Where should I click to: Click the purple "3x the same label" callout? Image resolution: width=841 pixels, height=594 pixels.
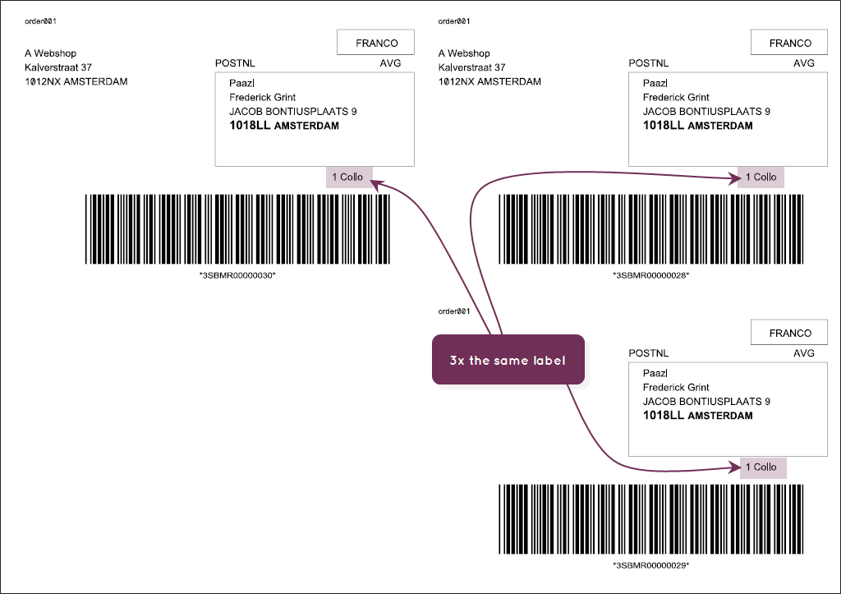pos(508,360)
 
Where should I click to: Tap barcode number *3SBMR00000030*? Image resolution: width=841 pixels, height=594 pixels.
pos(237,275)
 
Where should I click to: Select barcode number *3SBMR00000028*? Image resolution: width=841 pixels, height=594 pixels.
pos(650,275)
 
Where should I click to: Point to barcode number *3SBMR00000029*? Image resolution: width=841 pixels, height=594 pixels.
pos(650,565)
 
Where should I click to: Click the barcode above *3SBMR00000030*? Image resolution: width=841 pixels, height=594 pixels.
pos(237,229)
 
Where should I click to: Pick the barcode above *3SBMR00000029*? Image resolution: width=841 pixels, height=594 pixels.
pos(651,519)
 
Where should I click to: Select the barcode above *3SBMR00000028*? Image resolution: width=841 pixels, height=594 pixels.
pos(651,229)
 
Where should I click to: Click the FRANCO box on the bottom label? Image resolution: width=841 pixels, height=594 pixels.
pos(789,332)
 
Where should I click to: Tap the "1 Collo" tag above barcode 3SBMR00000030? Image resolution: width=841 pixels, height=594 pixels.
pos(348,177)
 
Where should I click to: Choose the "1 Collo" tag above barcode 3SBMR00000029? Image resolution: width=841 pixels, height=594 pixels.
pos(763,467)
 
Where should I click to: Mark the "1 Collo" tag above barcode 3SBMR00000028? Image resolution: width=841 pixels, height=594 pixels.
pos(761,177)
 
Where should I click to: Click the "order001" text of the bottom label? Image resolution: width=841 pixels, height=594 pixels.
pos(453,311)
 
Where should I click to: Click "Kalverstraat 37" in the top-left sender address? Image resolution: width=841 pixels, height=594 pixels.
pos(58,67)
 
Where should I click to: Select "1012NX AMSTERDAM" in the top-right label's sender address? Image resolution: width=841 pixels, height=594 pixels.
pos(489,81)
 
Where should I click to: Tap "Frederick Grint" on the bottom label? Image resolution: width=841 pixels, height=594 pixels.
pos(676,387)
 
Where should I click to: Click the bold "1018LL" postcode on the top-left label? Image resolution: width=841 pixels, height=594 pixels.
pos(250,126)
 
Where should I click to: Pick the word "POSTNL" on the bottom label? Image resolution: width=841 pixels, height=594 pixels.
pos(649,353)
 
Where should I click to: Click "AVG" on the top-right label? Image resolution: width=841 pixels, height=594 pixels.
pos(804,63)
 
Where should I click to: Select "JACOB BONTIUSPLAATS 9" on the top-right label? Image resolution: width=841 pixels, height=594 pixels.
pos(706,112)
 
